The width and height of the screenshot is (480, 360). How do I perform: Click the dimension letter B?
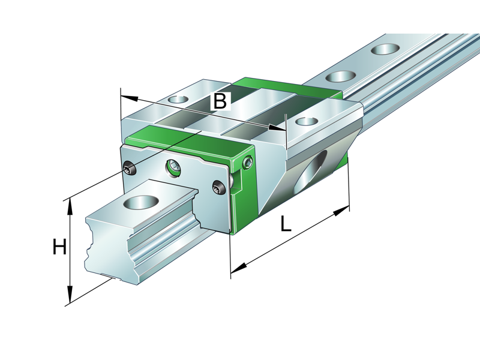pos(220,101)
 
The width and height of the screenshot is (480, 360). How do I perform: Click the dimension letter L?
pos(286,224)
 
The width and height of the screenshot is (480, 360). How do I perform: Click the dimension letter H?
pos(59,247)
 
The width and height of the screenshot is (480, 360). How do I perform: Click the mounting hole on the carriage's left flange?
pos(178,99)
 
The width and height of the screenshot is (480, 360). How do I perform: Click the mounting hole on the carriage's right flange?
pos(307,121)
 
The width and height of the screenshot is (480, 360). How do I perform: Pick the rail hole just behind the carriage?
pos(341,76)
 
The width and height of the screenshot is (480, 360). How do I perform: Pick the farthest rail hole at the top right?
pos(385,49)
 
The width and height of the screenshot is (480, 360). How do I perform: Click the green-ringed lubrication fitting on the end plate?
pos(173,167)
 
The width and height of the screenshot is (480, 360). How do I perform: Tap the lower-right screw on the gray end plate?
pos(218,189)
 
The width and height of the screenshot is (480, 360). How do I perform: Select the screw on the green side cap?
pos(248,163)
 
